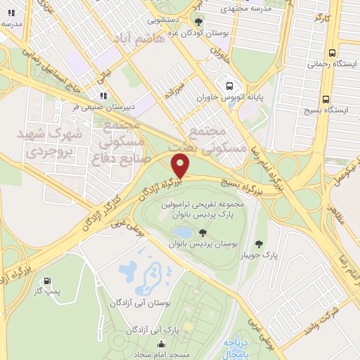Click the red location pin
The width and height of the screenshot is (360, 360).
point(181,167)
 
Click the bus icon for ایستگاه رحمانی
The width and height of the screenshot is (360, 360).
point(330,52)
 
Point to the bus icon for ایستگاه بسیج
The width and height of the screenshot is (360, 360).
point(326,100)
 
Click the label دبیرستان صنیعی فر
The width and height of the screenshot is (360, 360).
point(104,108)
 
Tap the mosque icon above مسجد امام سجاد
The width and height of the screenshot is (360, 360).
point(162,344)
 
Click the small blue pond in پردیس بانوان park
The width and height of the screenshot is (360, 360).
point(182,231)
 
